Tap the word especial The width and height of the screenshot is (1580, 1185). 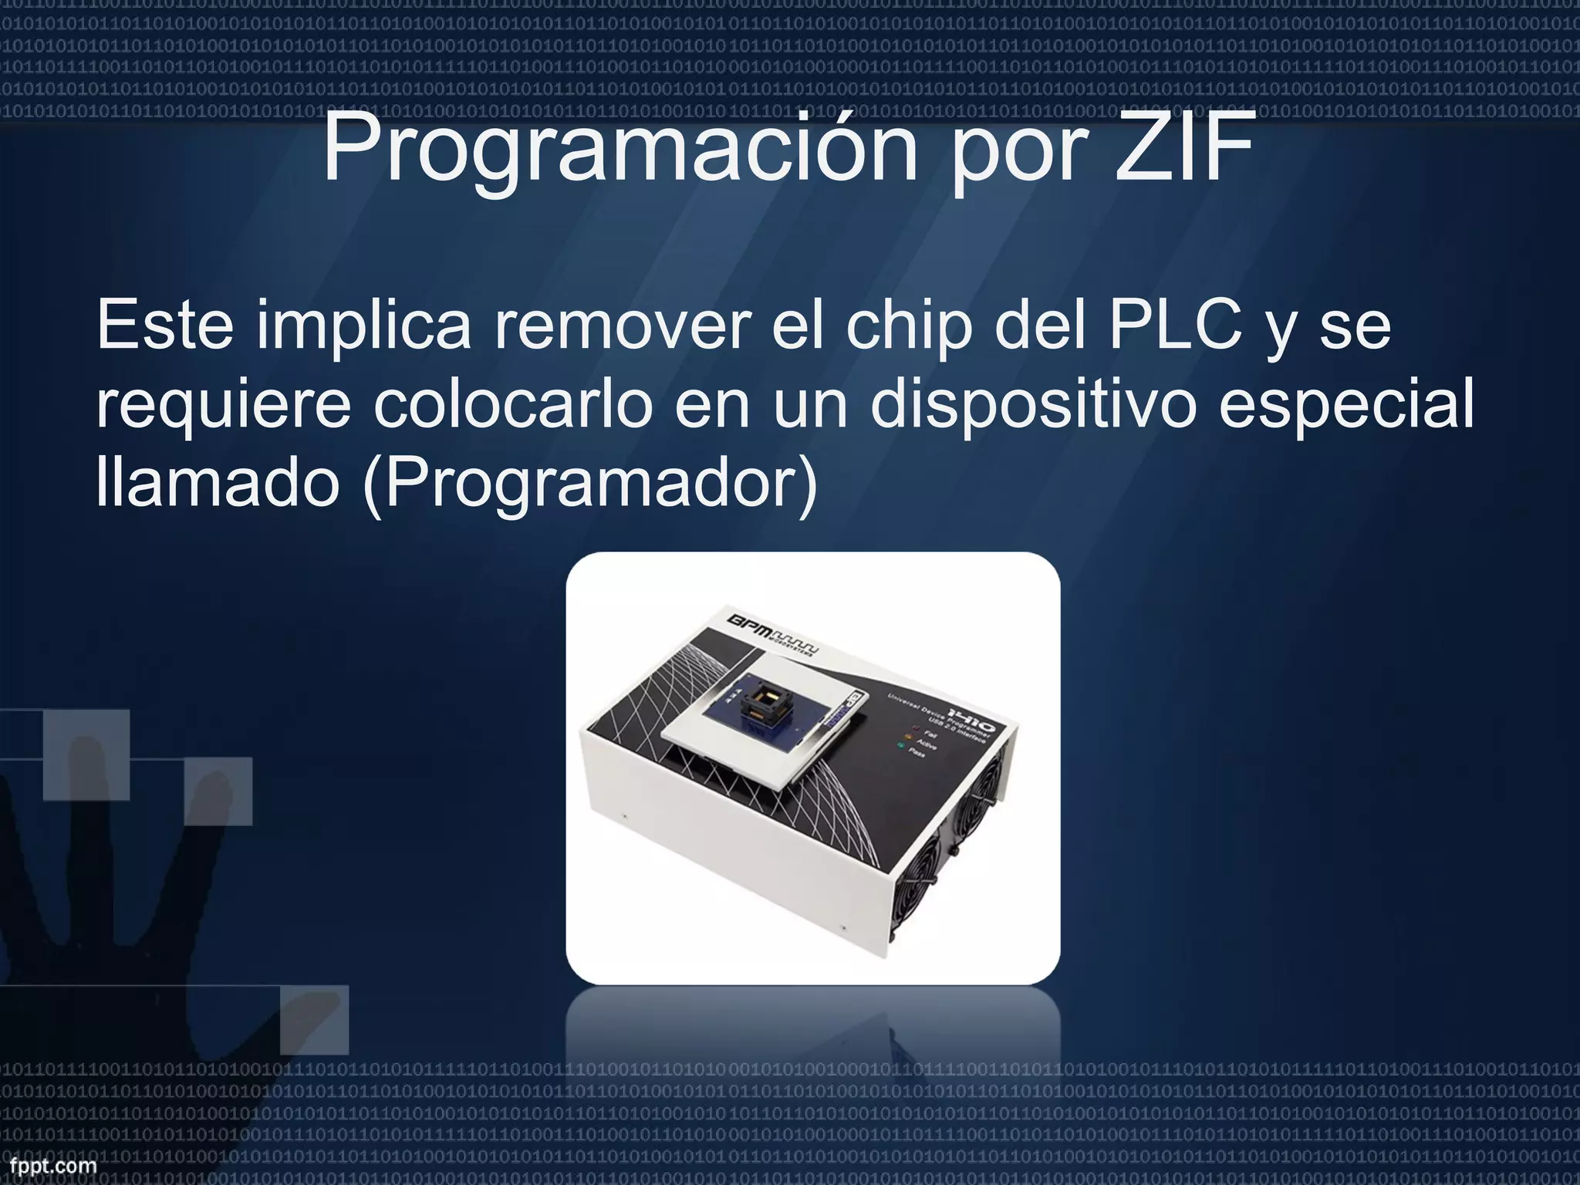coord(1346,407)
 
